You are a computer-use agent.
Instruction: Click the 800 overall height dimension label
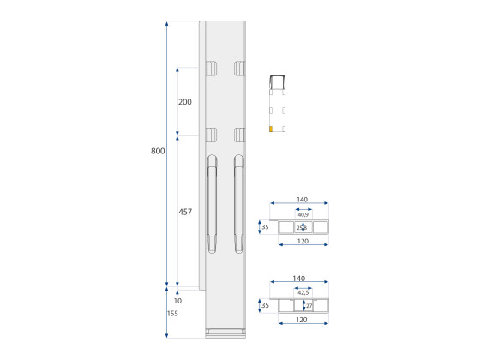[x=158, y=151]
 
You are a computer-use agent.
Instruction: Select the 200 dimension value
[x=184, y=101]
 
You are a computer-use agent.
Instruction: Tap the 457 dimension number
[x=184, y=212]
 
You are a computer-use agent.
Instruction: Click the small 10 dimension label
[x=177, y=301]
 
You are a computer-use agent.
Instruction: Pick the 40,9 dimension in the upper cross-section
[x=303, y=215]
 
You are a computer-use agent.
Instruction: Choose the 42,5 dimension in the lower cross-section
[x=303, y=292]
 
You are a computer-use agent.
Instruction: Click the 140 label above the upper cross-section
[x=302, y=199]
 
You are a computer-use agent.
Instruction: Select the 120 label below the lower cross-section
[x=302, y=320]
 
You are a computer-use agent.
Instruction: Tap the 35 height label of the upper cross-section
[x=264, y=227]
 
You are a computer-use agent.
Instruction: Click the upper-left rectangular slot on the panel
[x=210, y=68]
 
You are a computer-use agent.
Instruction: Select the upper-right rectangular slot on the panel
[x=239, y=68]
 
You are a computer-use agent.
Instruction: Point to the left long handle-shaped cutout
[x=212, y=204]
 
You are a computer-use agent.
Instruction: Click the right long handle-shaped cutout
[x=239, y=204]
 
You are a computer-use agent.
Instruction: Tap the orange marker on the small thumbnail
[x=271, y=129]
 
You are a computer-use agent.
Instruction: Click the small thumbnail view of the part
[x=279, y=105]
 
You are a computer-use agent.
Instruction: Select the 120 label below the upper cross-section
[x=302, y=243]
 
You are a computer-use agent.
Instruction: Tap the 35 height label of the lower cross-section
[x=264, y=305]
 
